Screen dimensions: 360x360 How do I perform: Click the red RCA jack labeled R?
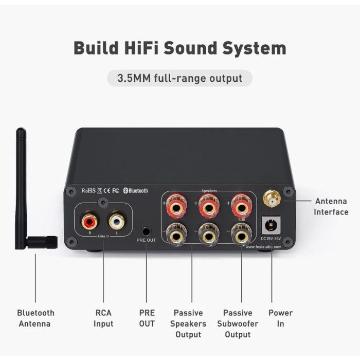click(88, 222)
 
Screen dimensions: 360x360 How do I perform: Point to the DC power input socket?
click(270, 224)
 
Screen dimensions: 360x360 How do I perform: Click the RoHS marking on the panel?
click(89, 190)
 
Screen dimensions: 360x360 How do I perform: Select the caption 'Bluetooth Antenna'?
click(35, 318)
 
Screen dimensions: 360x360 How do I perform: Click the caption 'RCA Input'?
click(103, 318)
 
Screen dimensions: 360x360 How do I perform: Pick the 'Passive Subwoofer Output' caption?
click(238, 323)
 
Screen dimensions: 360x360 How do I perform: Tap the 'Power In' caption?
click(280, 318)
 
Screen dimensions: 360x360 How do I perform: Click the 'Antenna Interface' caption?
click(331, 206)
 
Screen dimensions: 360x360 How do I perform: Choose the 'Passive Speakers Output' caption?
click(188, 323)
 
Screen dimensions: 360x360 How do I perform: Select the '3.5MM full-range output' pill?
click(179, 78)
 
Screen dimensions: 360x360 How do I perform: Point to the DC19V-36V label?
click(271, 238)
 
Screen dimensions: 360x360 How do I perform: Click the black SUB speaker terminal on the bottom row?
click(241, 236)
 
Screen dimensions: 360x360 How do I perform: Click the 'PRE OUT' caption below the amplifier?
click(147, 318)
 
